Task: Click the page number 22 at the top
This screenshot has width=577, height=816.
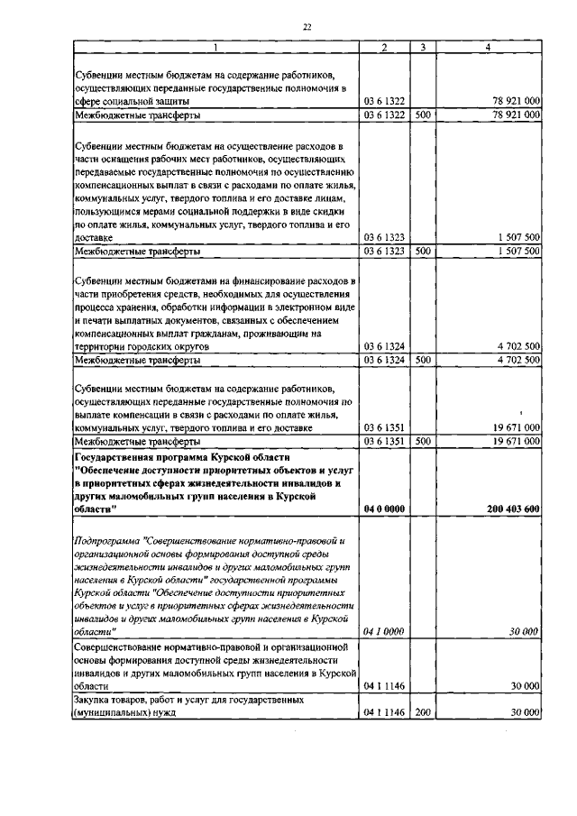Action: click(307, 27)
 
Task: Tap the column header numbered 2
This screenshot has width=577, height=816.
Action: click(384, 47)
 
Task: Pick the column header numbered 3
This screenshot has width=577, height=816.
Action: click(422, 47)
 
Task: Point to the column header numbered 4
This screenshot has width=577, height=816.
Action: click(489, 47)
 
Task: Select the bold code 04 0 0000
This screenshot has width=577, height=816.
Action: click(383, 509)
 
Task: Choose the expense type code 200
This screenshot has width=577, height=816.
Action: click(422, 712)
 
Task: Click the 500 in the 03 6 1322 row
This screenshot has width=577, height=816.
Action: click(422, 115)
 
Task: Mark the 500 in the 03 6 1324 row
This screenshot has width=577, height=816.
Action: click(422, 360)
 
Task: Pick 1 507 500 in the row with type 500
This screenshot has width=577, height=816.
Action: click(517, 251)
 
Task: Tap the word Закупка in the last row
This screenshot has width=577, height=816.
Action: click(94, 699)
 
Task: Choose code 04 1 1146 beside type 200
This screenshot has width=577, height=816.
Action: click(383, 712)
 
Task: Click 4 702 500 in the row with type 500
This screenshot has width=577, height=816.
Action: click(517, 360)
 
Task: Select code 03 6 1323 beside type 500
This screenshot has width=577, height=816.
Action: click(383, 251)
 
